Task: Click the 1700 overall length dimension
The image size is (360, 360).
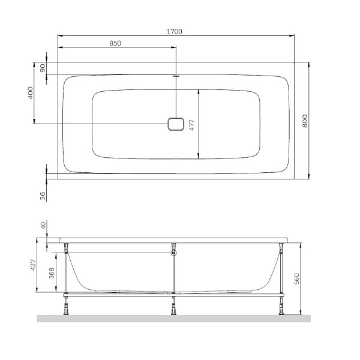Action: click(175, 31)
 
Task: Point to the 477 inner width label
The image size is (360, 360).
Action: click(192, 124)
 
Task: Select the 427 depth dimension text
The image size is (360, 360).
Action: click(34, 266)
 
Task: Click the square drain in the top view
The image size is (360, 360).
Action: click(175, 124)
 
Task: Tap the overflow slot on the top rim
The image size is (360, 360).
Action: click(175, 76)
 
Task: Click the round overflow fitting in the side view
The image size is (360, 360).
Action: click(173, 253)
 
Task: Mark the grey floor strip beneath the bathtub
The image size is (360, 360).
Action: click(174, 319)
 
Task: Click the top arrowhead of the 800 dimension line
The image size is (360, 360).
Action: click(308, 64)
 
